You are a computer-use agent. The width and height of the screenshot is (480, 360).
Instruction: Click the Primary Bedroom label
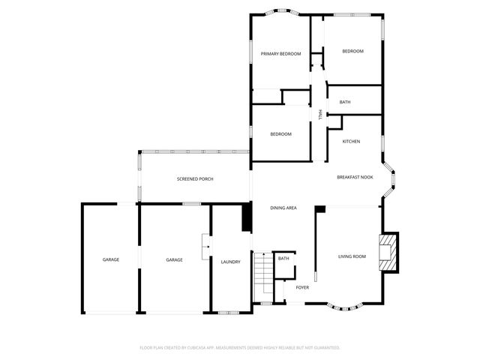(x=280, y=54)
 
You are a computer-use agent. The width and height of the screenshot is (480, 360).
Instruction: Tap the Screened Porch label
(x=195, y=179)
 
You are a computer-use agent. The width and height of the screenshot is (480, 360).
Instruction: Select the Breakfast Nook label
(x=355, y=177)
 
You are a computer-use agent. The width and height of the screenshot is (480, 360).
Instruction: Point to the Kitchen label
(x=351, y=142)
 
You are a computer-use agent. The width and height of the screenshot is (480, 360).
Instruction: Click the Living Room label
(x=352, y=257)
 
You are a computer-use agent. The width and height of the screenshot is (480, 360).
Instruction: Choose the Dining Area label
(x=283, y=208)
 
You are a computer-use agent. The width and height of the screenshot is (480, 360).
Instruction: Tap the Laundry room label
(x=230, y=262)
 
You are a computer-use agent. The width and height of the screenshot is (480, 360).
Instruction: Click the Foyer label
(x=302, y=287)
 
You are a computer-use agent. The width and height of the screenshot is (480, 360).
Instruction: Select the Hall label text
(x=320, y=114)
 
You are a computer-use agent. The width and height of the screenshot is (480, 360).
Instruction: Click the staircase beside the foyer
(x=262, y=277)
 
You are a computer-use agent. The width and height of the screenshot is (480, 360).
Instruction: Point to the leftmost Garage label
(x=111, y=259)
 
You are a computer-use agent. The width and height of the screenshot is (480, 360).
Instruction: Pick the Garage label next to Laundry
(x=174, y=259)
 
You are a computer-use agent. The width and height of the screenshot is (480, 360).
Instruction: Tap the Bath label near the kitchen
(x=345, y=102)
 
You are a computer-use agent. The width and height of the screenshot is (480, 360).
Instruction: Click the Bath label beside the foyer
(x=283, y=259)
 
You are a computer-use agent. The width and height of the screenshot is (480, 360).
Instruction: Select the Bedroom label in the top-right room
(x=352, y=51)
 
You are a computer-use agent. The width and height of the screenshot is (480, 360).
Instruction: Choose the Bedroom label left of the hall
(x=280, y=134)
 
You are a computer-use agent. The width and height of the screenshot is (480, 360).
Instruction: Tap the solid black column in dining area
(x=245, y=218)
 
